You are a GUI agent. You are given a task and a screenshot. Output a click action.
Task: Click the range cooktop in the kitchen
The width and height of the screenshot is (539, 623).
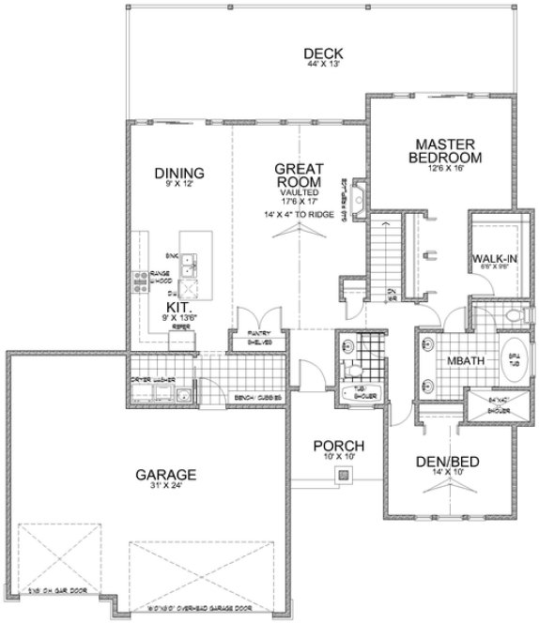pos(143,279)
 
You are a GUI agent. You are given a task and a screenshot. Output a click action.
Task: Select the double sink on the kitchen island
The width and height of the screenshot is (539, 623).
pos(191,266)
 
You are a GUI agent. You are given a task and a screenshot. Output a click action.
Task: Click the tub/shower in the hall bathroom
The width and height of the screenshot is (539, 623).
pos(358,395)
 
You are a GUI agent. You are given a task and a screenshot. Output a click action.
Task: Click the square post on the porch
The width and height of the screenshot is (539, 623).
pos(341,476)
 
